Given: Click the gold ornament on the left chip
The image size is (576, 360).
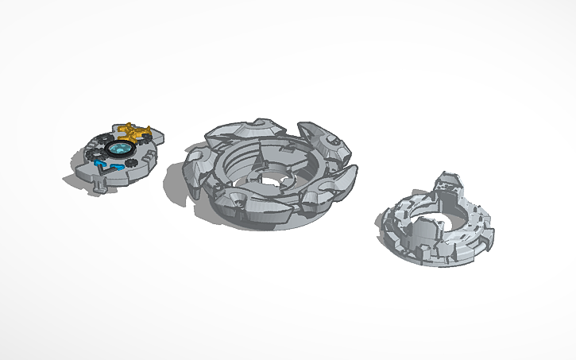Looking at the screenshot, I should click(136, 133).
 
